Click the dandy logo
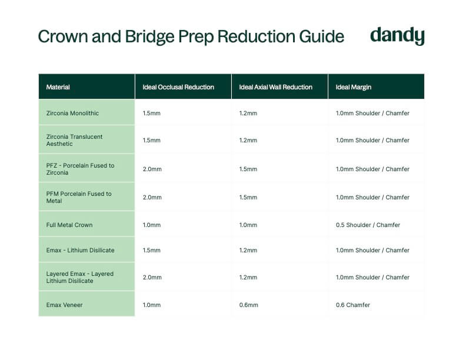tap(397, 36)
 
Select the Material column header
tap(58, 87)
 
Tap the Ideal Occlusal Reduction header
tap(178, 87)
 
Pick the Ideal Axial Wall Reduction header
tap(275, 87)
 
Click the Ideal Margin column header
tap(354, 87)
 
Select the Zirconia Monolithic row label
tap(72, 113)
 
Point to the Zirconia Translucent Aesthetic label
tap(74, 140)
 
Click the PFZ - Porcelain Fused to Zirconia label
tap(80, 169)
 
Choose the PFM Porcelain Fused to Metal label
tap(79, 197)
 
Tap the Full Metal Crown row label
tap(69, 225)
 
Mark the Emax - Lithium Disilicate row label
tap(80, 250)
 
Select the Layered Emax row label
tap(80, 277)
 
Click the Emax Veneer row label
tap(64, 305)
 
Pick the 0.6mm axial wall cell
tap(248, 305)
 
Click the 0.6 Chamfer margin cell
tap(353, 305)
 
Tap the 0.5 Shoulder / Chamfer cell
tap(368, 225)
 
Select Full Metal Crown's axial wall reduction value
tap(248, 225)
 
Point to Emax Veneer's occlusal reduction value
tap(152, 305)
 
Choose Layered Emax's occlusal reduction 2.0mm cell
tap(152, 277)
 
